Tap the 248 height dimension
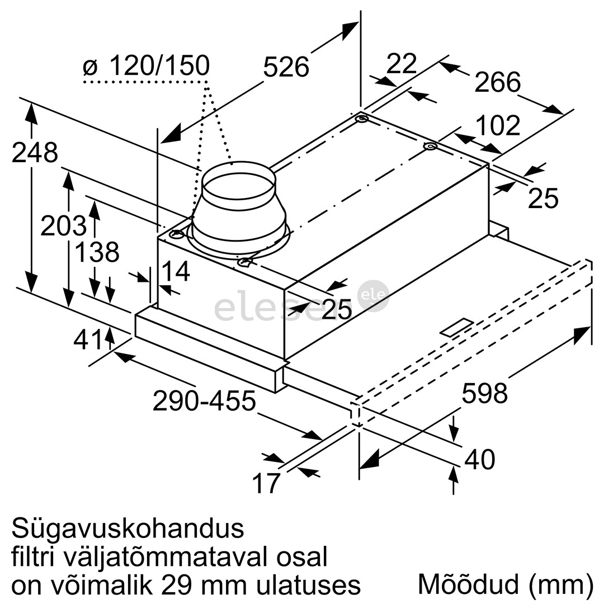click(35, 152)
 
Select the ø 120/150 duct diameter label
click(146, 66)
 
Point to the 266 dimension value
click(498, 83)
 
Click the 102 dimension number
click(498, 126)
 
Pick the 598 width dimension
click(484, 393)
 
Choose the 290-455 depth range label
click(204, 401)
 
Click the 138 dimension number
click(97, 252)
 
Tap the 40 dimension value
click(480, 460)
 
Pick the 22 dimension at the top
click(402, 64)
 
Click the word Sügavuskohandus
click(128, 528)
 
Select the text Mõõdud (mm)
click(505, 584)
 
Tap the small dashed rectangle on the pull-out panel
click(456, 328)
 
